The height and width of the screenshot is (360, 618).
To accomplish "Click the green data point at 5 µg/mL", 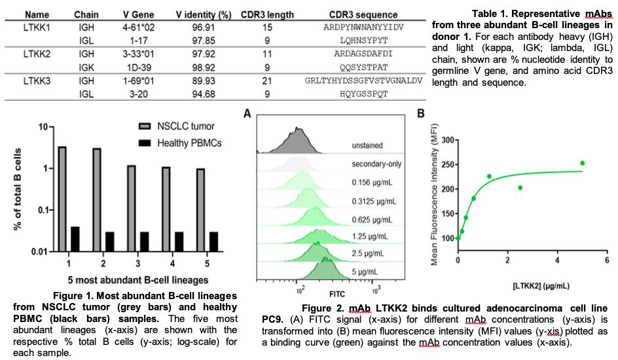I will click(582, 163).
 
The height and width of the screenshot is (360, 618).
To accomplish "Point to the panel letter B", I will click(422, 115).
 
